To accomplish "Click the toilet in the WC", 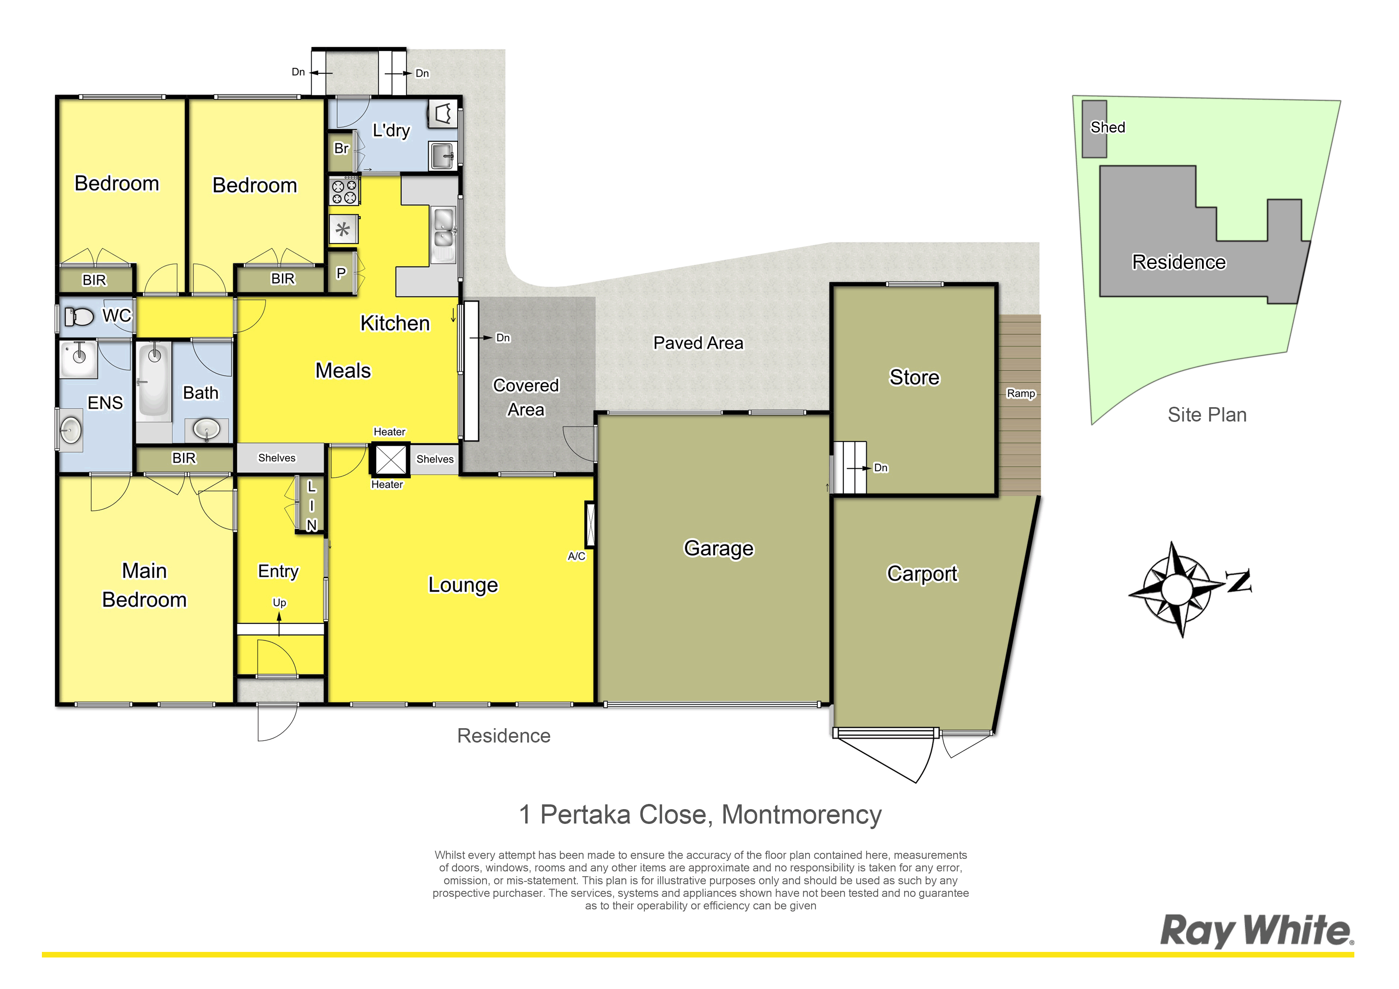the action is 79,316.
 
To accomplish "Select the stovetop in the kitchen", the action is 344,191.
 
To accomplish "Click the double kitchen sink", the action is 443,234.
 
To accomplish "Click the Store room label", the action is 914,377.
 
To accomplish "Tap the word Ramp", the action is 1021,394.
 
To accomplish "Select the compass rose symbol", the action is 1176,589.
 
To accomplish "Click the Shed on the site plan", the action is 1094,129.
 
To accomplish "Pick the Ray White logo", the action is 1256,930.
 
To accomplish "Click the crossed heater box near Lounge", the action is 390,459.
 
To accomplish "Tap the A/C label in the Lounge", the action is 576,556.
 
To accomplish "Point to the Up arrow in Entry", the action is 279,623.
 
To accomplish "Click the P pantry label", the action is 341,273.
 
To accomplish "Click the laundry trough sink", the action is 442,156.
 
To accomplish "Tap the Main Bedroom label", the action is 144,585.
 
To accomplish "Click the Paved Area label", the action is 698,343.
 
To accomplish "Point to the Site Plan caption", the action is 1207,415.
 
